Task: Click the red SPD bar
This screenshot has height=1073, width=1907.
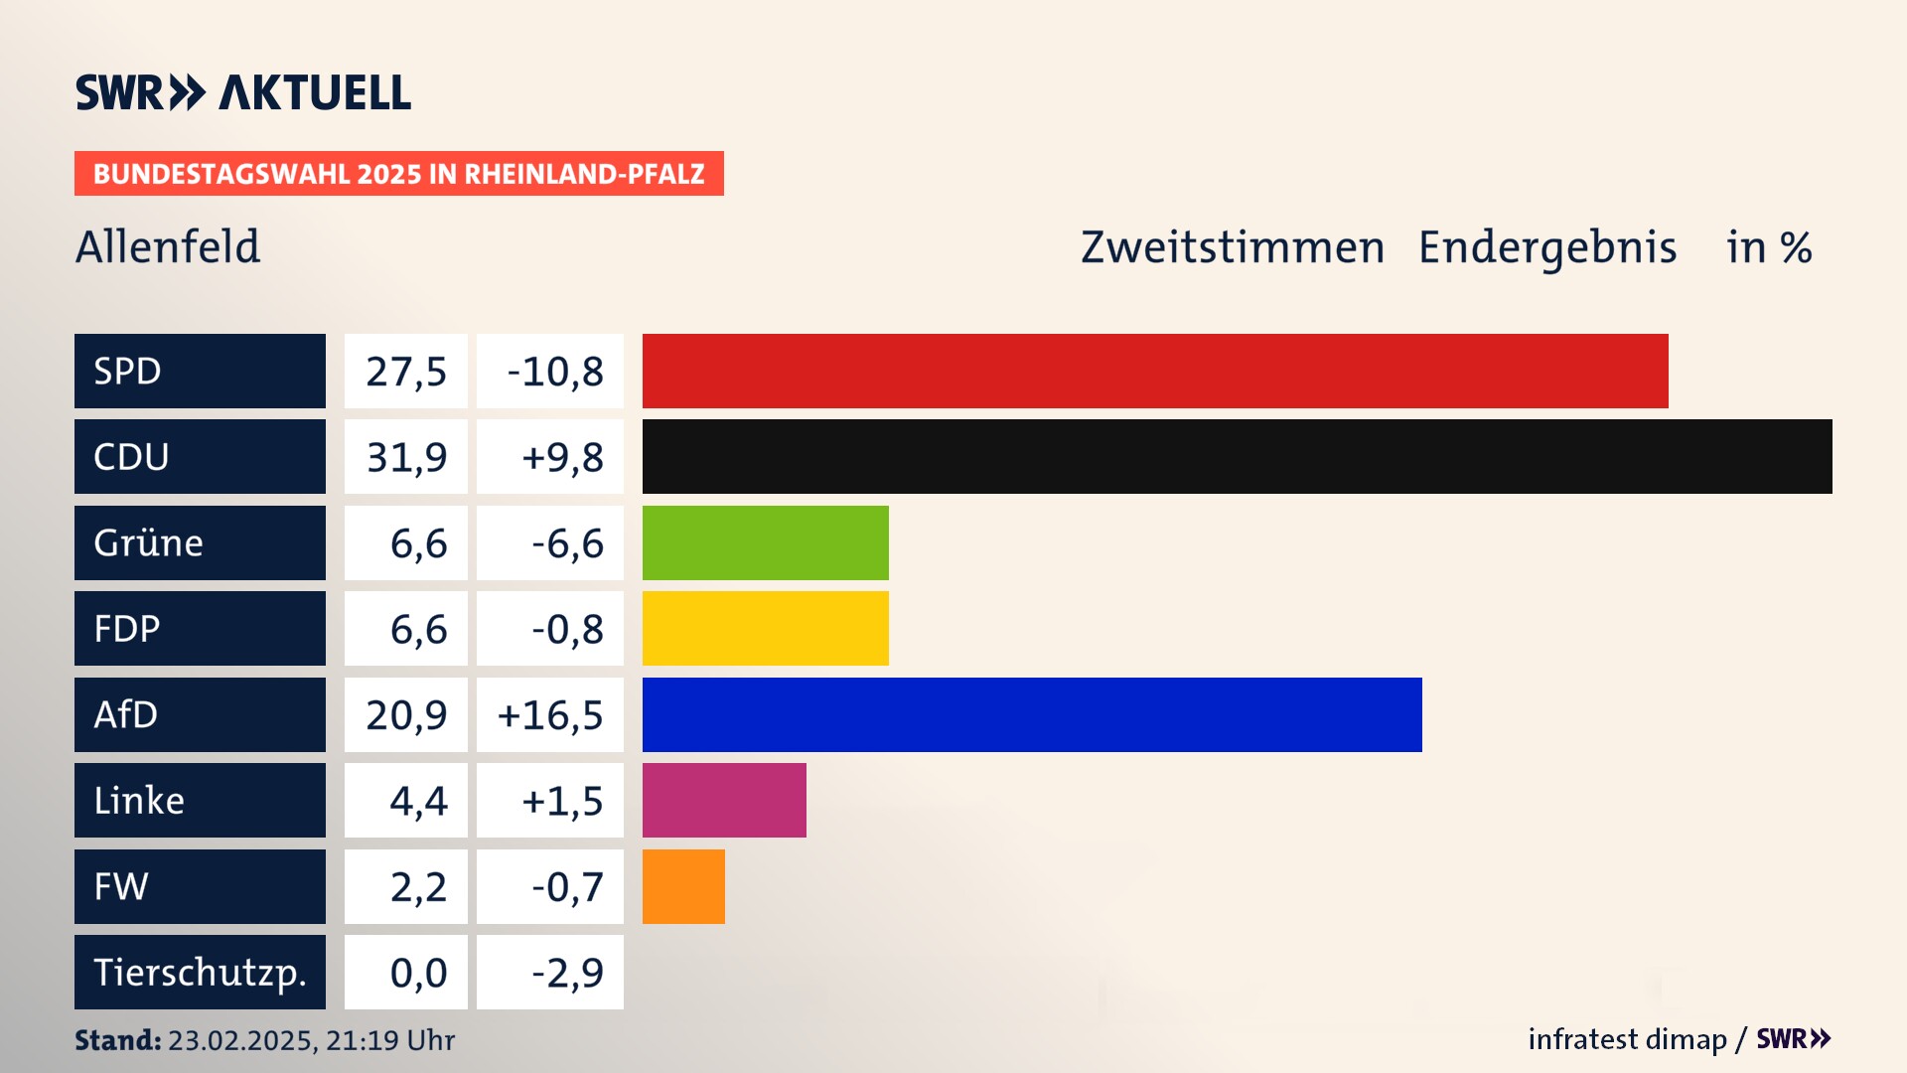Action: (1154, 371)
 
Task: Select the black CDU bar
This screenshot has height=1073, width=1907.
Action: (1237, 456)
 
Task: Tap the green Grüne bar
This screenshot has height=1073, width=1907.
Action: (765, 542)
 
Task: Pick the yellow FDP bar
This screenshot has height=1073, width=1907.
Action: (765, 628)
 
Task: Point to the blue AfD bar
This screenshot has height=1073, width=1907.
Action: (1032, 714)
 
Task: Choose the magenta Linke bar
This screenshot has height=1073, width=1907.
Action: (724, 800)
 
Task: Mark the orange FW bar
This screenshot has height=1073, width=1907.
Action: (683, 886)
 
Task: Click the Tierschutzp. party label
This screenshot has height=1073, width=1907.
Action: (200, 972)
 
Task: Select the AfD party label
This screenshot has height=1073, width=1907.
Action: (200, 714)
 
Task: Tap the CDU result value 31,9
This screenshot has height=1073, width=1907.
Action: (406, 457)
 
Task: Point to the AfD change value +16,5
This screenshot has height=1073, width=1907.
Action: (550, 714)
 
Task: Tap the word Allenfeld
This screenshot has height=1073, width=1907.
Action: (168, 246)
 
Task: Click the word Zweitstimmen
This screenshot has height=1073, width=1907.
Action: (1232, 247)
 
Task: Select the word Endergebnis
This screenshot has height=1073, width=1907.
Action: (1546, 247)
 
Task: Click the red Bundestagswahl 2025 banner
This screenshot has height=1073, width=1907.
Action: (398, 174)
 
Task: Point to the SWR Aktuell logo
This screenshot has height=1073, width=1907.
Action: (243, 92)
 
